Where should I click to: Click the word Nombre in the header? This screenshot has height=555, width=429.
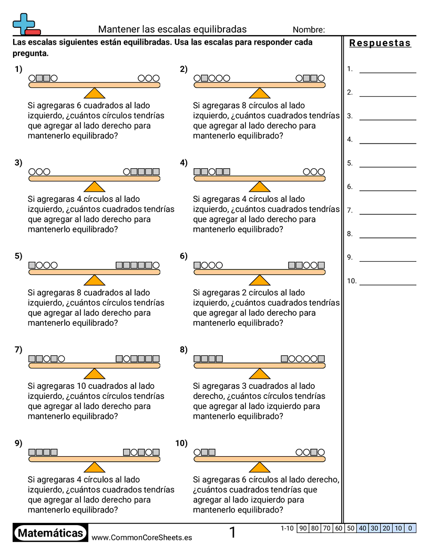pos(309,30)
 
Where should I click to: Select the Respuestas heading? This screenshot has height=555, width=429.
pos(380,43)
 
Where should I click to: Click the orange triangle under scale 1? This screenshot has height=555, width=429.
pos(95,93)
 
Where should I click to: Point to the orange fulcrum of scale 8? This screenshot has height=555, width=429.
pos(259,374)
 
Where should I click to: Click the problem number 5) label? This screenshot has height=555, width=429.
pos(18,256)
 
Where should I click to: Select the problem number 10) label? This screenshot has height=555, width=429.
pos(181,443)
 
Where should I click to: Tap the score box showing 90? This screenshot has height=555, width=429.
pos(303,528)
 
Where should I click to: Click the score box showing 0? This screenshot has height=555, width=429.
pos(410,528)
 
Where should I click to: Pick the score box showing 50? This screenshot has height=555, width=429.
pos(351,528)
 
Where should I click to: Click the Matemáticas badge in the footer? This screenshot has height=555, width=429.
pos(50,533)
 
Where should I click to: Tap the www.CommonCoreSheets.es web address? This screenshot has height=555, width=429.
pos(141,537)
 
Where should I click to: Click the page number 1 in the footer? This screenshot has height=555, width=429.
pos(233,532)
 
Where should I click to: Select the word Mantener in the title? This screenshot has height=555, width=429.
pos(116,29)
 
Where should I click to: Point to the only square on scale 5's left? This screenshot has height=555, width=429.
pos(32,265)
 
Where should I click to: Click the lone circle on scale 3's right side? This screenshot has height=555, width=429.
pos(127,172)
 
